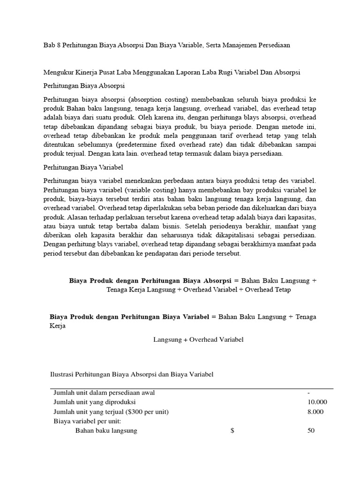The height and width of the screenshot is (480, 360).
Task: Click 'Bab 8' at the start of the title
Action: (51, 45)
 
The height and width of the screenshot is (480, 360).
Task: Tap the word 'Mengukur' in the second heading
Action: (58, 73)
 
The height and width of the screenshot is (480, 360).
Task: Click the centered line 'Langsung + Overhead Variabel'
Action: (198, 339)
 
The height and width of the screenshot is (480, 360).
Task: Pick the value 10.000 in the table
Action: (317, 402)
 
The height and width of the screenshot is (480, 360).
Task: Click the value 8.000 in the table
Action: (315, 412)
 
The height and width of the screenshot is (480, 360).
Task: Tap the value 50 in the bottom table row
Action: (311, 430)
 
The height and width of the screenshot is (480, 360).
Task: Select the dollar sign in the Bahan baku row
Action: (232, 430)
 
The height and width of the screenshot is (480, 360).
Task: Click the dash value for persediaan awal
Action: (309, 393)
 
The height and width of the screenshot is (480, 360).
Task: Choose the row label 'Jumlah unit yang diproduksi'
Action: (95, 402)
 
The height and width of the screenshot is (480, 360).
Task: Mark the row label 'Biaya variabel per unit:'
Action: (88, 421)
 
